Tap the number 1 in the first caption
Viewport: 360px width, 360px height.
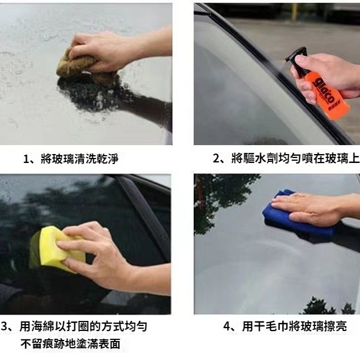[x=26, y=159]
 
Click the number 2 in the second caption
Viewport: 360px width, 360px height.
[x=216, y=159]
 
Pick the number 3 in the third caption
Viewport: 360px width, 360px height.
[x=4, y=327]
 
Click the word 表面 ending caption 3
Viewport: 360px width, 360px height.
[x=109, y=344]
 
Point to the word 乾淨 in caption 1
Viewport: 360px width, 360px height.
[x=108, y=159]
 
